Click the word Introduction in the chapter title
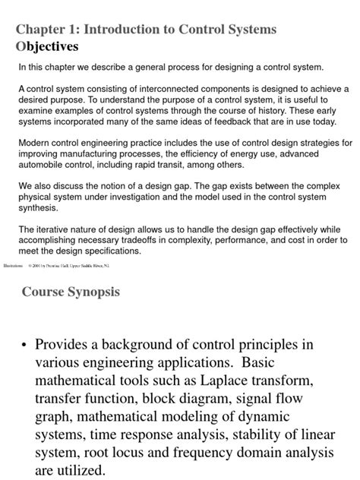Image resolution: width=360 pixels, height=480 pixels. tap(128, 30)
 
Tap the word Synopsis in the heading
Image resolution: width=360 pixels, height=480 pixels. tap(91, 292)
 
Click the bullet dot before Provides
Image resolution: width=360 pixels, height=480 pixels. tap(26, 344)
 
